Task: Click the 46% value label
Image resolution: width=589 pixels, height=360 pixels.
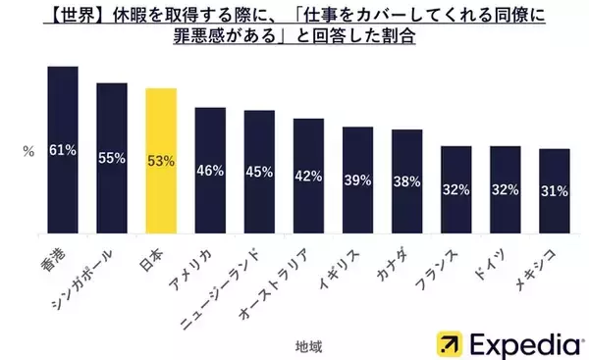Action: click(x=210, y=170)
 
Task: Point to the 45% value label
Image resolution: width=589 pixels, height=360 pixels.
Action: click(x=259, y=173)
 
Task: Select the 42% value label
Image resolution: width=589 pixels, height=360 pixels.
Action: click(x=308, y=177)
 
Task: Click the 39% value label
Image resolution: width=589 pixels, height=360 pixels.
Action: click(x=357, y=180)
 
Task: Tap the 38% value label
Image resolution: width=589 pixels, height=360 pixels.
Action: click(x=406, y=180)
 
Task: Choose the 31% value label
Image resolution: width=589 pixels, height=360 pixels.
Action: click(x=554, y=190)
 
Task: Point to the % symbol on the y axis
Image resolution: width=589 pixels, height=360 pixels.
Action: click(x=28, y=151)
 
